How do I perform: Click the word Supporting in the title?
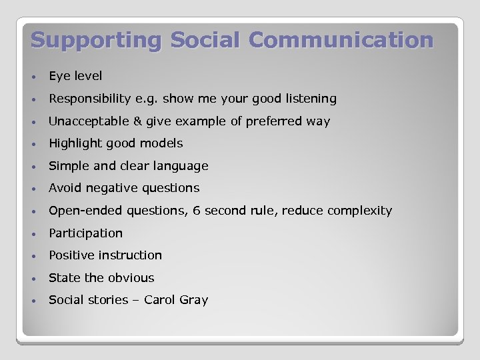[96, 40]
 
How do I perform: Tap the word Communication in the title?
[341, 40]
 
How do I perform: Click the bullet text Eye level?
[75, 76]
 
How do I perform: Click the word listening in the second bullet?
[311, 99]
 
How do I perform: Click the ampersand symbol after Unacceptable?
[138, 121]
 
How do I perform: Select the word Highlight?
[74, 143]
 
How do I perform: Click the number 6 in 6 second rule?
[197, 211]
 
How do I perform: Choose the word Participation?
[85, 233]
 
